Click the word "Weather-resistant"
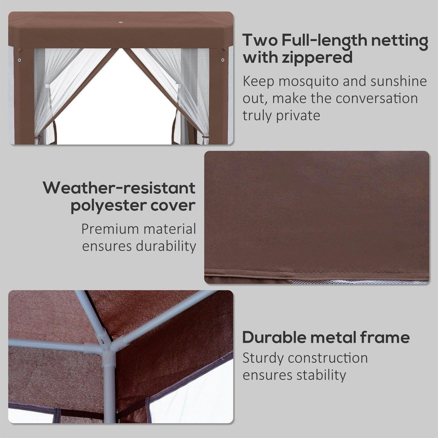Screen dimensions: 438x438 point(119,188)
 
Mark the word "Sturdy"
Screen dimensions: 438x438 point(263,358)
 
